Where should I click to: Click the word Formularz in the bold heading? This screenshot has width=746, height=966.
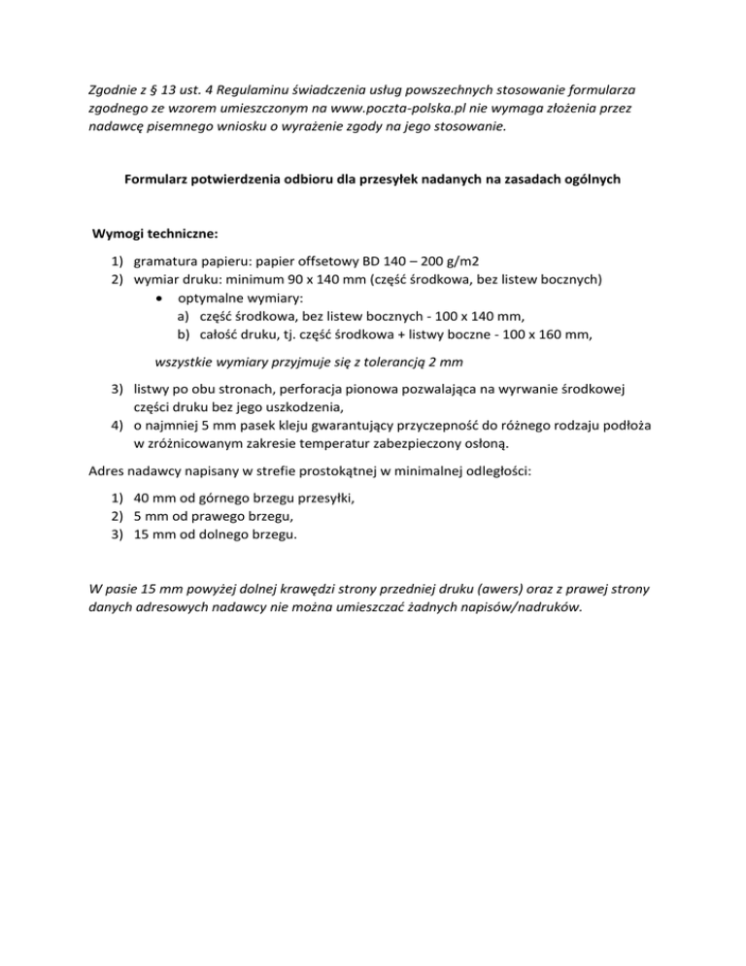point(159,179)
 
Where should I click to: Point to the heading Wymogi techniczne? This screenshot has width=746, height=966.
point(154,234)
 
